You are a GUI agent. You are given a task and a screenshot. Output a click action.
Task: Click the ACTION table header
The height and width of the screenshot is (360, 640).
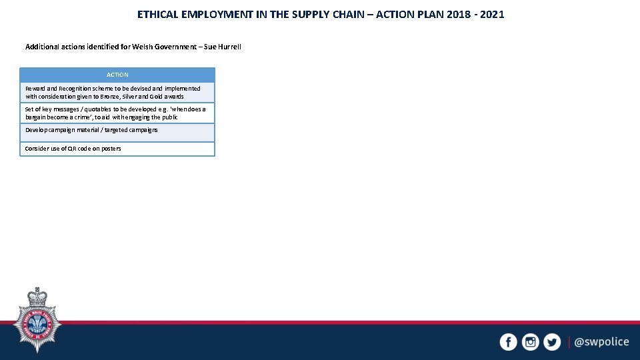[x=117, y=75]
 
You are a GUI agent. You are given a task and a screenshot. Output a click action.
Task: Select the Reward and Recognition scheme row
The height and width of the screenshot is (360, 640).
[x=117, y=92]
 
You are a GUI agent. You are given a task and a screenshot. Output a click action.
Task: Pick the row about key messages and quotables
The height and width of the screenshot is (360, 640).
[x=117, y=113]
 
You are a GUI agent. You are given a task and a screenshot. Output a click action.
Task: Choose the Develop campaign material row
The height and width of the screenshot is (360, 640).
[x=117, y=131]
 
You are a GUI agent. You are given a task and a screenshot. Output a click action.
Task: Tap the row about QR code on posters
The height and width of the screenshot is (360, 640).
[x=117, y=149]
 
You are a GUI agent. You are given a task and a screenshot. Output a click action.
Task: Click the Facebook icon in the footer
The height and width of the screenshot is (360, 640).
[x=508, y=342]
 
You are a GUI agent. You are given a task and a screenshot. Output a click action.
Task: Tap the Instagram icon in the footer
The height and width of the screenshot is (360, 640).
[x=530, y=342]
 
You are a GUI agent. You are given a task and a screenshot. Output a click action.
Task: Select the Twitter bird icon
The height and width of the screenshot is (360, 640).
[x=552, y=342]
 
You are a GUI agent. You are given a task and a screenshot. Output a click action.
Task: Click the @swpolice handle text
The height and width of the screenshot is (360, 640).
[x=601, y=342]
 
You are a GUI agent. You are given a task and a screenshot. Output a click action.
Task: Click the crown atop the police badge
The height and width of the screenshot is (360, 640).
[x=37, y=295]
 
